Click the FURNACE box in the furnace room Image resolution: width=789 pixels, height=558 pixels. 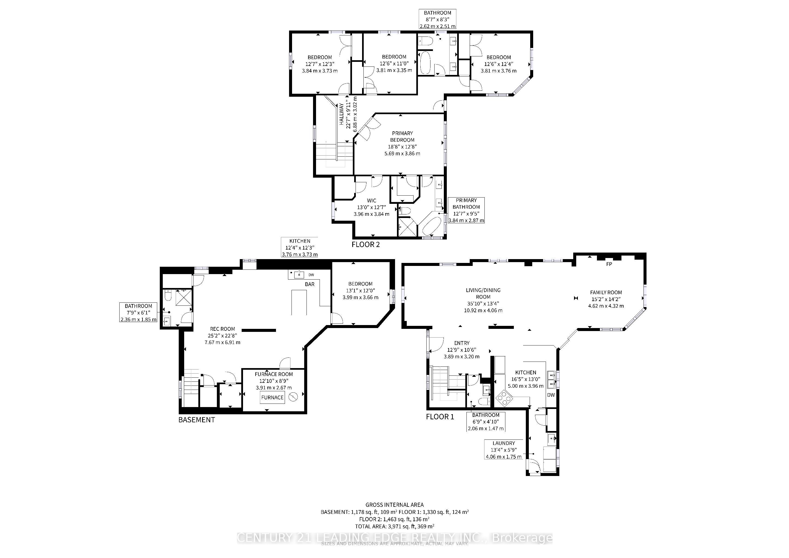pyautogui.click(x=272, y=398)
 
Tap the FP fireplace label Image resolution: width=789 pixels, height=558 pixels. pyautogui.click(x=609, y=264)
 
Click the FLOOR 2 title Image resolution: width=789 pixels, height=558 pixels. pyautogui.click(x=366, y=245)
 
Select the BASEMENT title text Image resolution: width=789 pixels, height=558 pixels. pyautogui.click(x=196, y=420)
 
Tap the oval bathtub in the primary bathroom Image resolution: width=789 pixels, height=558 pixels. pyautogui.click(x=431, y=225)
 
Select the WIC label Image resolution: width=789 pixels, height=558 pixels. pyautogui.click(x=371, y=201)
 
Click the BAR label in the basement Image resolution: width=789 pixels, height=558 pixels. pyautogui.click(x=309, y=284)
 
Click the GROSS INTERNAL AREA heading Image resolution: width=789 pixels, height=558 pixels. pyautogui.click(x=394, y=505)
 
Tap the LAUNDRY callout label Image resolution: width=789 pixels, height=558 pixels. pyautogui.click(x=504, y=443)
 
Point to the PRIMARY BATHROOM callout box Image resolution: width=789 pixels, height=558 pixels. pyautogui.click(x=466, y=210)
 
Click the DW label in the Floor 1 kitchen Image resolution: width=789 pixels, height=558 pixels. pyautogui.click(x=551, y=395)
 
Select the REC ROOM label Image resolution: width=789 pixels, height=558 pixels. pyautogui.click(x=223, y=329)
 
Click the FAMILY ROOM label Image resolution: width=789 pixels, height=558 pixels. pyautogui.click(x=606, y=292)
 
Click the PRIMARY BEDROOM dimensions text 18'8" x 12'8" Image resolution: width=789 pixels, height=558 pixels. pyautogui.click(x=402, y=147)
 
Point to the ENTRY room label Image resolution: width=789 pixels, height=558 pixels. pyautogui.click(x=462, y=343)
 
